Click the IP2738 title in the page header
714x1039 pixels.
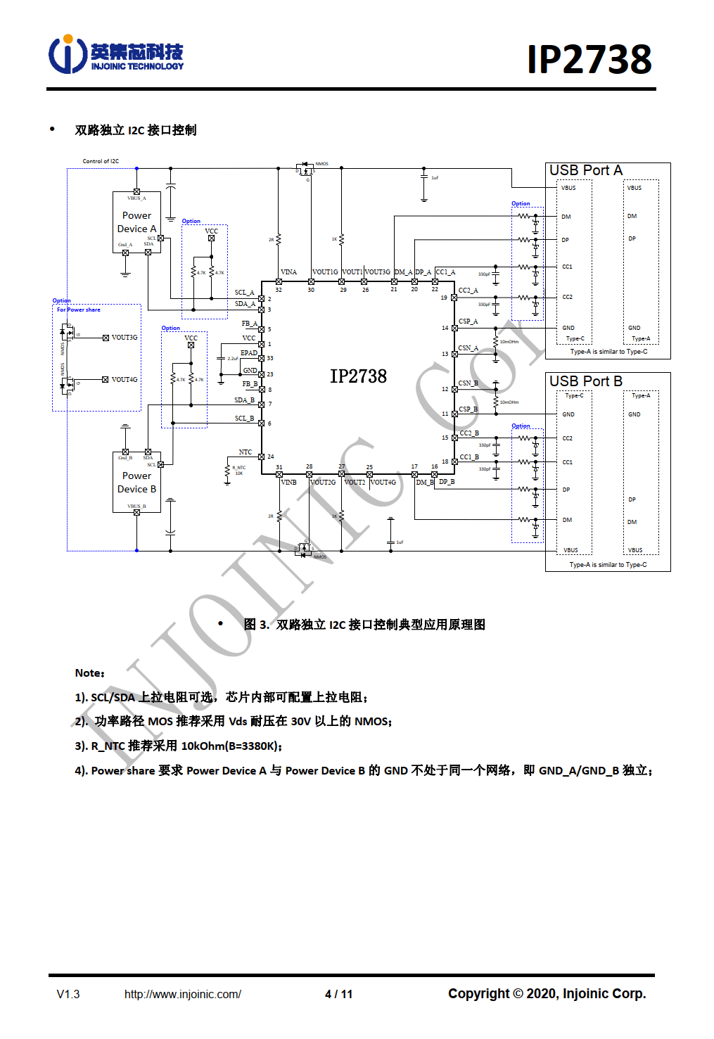point(589,59)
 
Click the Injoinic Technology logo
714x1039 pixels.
point(116,55)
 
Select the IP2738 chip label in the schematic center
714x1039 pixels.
point(358,376)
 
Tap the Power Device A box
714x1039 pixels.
point(136,222)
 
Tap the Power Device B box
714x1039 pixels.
point(136,483)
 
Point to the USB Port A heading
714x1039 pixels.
point(585,170)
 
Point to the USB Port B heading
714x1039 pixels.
point(585,381)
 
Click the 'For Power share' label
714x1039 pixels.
point(79,310)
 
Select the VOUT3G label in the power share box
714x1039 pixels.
point(125,338)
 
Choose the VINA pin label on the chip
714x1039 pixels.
point(288,272)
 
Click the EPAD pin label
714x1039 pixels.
point(249,353)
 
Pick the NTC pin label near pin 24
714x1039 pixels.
point(245,452)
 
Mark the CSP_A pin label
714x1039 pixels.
point(468,321)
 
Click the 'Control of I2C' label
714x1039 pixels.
point(101,161)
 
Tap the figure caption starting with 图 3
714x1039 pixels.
point(364,625)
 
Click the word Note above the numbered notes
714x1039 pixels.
point(89,673)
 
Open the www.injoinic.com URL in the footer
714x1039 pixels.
point(182,994)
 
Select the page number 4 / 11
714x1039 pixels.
point(338,994)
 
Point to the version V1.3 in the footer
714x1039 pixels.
point(68,994)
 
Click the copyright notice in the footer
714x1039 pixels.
point(547,993)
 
